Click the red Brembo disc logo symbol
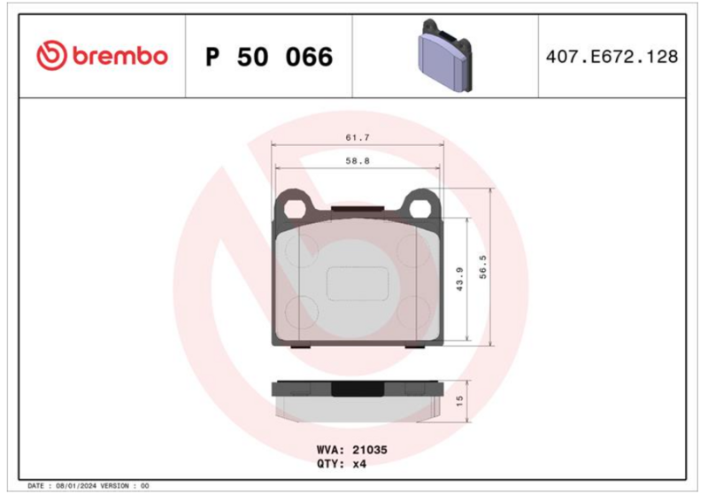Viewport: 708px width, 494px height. click(x=51, y=56)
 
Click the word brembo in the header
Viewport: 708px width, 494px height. click(x=120, y=56)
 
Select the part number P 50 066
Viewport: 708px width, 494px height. click(x=269, y=57)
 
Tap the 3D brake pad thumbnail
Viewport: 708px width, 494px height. click(x=445, y=56)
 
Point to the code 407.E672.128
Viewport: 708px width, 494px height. click(x=612, y=57)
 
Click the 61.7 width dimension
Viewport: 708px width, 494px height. click(x=358, y=137)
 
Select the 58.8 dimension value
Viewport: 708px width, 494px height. click(x=358, y=161)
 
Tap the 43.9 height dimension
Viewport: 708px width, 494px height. click(x=459, y=279)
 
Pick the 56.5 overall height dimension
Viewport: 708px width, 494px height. click(x=483, y=266)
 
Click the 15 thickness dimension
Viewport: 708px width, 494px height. click(x=459, y=400)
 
